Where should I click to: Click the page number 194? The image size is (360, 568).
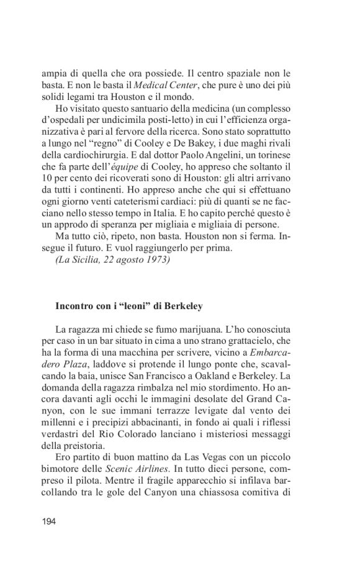tap(49, 521)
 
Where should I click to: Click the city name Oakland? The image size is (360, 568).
tap(225, 377)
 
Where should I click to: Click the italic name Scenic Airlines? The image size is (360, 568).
tap(150, 472)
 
